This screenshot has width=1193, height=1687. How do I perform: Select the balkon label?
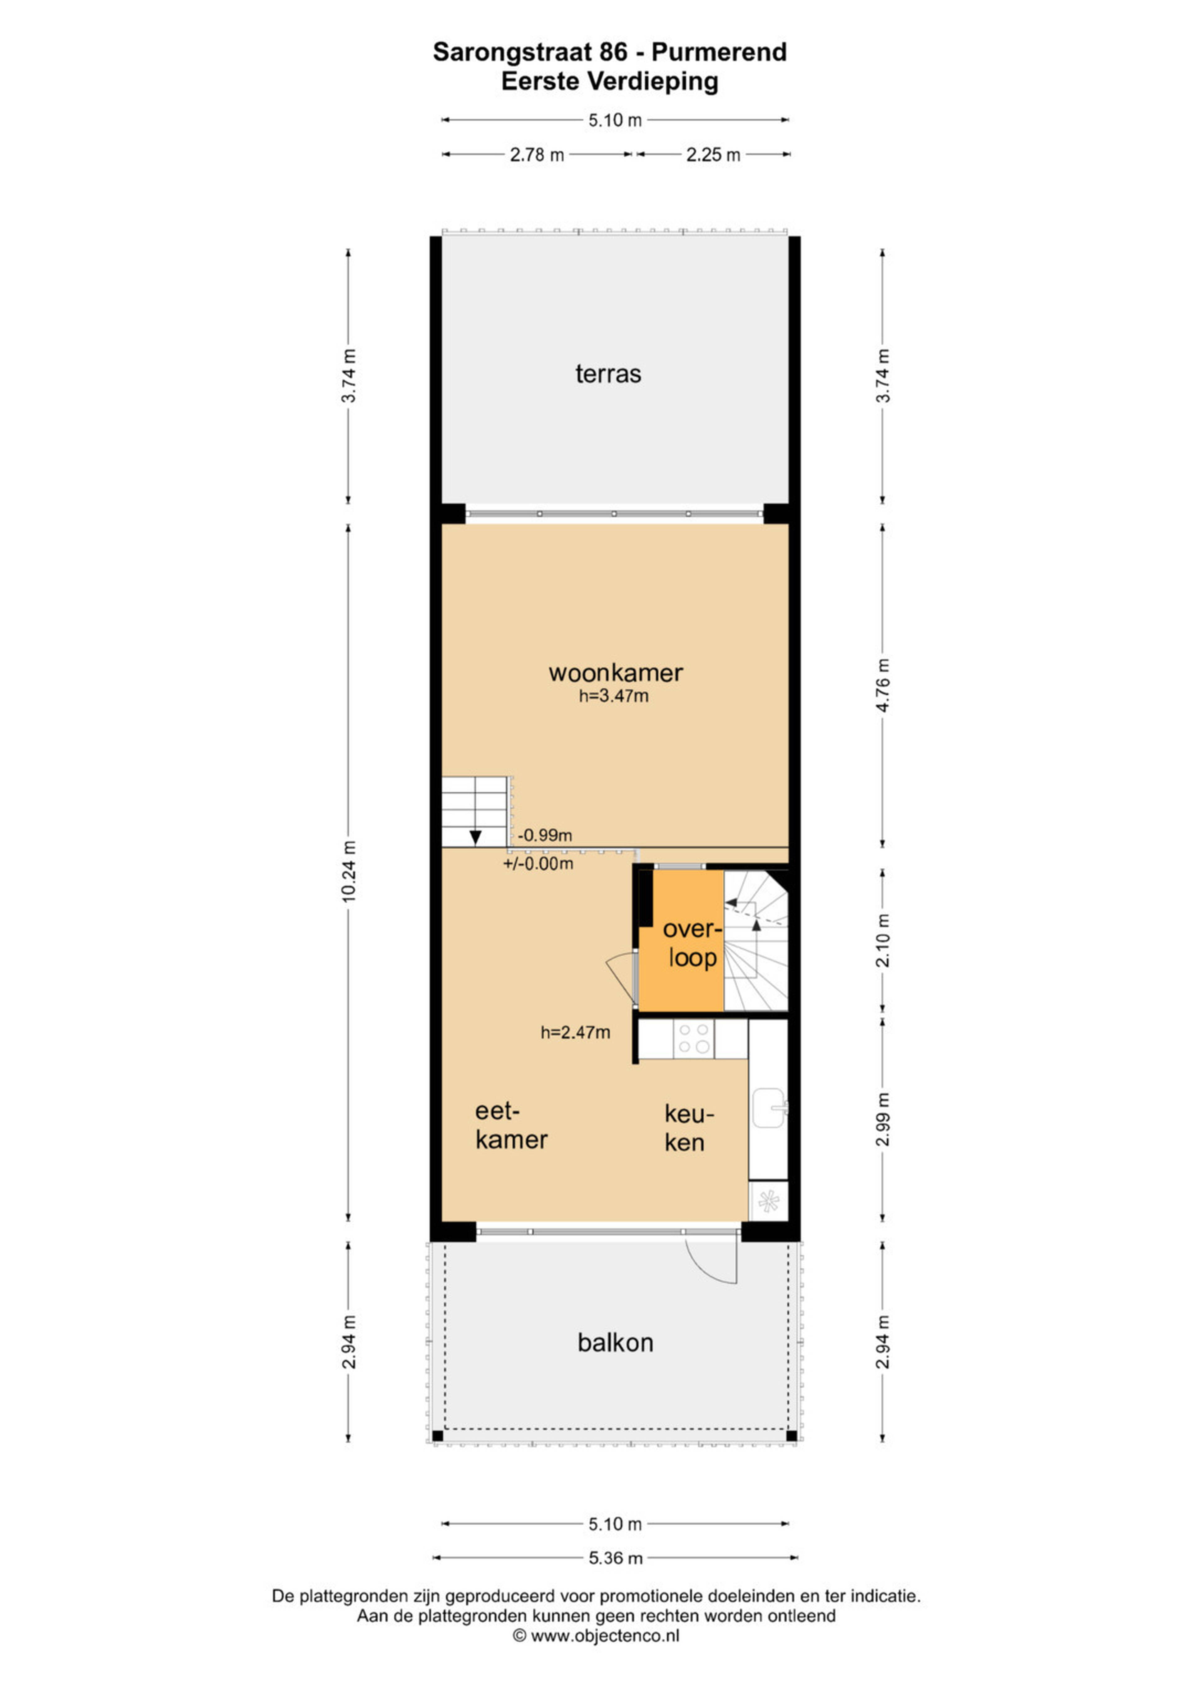(x=615, y=1342)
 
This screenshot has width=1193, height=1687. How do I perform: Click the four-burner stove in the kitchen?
(x=693, y=1038)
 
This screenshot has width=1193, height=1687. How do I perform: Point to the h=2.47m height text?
(x=575, y=1032)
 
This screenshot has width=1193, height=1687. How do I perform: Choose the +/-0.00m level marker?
(x=538, y=863)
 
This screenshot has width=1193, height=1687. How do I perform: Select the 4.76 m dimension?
(x=884, y=685)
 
